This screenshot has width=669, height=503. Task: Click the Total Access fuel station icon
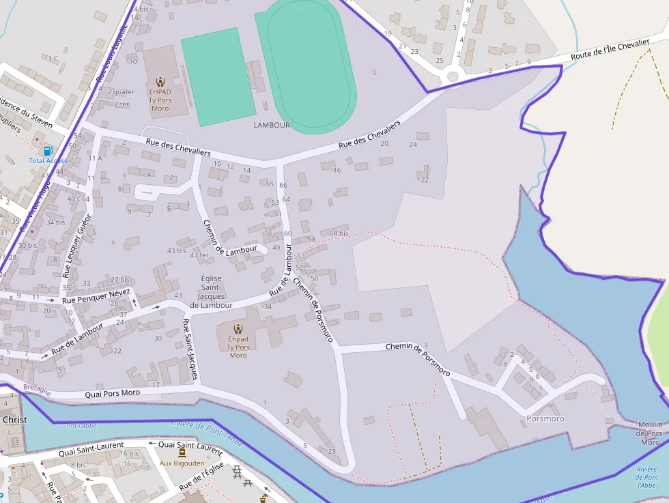tap(48, 150)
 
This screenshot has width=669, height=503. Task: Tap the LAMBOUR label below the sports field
tap(272, 126)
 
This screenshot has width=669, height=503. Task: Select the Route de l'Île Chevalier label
tap(610, 48)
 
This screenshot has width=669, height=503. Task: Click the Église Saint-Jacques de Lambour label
tap(212, 291)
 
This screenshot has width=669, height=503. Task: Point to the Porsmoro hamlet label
tap(545, 418)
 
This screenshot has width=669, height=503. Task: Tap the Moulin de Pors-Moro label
tap(650, 433)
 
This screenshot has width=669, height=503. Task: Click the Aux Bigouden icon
tap(182, 452)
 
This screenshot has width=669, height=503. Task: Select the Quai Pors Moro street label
tap(112, 393)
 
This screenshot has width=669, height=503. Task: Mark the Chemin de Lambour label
tap(230, 238)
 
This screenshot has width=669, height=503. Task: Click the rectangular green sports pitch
tap(218, 77)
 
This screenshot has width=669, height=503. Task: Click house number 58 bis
tap(339, 234)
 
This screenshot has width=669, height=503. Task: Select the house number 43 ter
tap(199, 255)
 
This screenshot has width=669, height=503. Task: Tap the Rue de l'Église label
tap(202, 476)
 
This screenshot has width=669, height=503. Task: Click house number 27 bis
tap(120, 280)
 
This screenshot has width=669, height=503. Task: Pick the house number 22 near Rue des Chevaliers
tap(425, 180)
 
